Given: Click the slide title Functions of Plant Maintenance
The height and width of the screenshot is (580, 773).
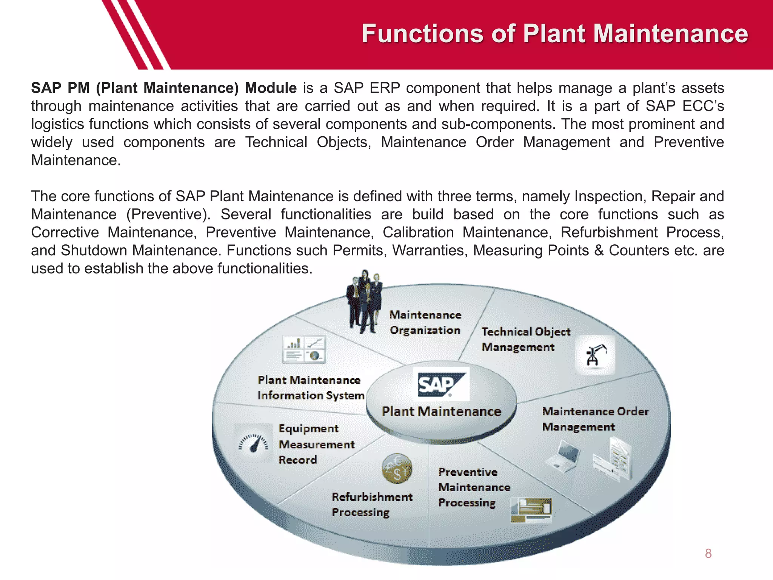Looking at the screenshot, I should [555, 34].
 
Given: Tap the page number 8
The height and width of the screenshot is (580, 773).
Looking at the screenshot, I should [708, 554].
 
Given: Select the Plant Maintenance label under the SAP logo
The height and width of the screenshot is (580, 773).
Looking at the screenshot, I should [441, 411].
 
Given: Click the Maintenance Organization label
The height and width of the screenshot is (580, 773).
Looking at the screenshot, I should [425, 322].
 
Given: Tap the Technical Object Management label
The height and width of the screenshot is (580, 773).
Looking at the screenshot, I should [525, 339].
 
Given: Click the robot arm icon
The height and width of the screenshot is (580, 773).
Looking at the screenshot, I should [595, 355].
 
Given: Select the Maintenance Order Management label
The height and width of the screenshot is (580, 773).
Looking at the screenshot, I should [595, 419].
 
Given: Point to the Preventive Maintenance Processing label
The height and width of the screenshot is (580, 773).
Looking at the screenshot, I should [474, 487].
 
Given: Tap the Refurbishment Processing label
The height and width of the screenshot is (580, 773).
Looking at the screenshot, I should [372, 504].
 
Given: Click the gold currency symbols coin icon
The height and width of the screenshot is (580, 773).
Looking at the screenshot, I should [397, 469].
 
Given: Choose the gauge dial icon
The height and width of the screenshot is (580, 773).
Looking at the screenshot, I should [253, 443].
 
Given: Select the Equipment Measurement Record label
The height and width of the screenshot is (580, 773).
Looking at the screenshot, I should [316, 444].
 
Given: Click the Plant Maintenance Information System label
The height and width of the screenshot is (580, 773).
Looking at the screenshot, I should [311, 387].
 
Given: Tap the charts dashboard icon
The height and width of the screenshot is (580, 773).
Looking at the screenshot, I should [304, 349].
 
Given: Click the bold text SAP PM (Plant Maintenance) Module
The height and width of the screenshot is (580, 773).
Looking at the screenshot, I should [163, 88].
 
